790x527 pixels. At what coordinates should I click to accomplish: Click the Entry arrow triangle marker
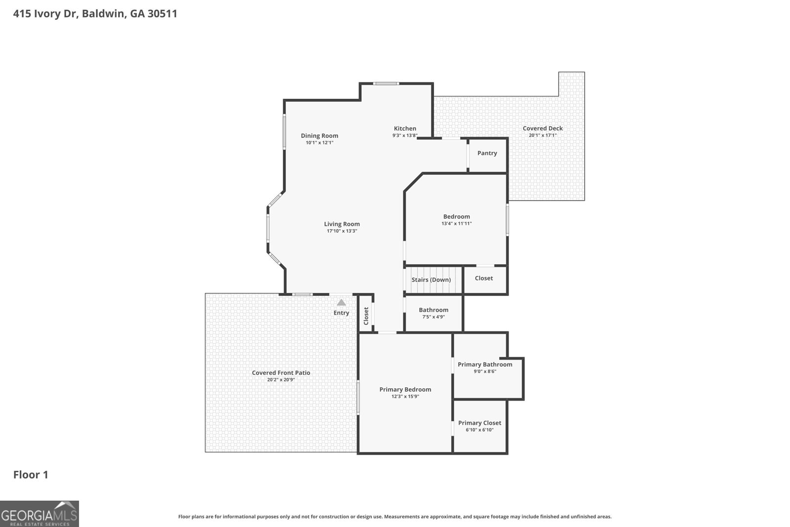pyautogui.click(x=341, y=302)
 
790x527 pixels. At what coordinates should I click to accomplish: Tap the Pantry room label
pyautogui.click(x=487, y=153)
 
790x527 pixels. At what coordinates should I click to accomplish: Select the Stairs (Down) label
pyautogui.click(x=431, y=280)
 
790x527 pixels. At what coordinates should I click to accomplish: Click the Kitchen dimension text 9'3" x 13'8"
pyautogui.click(x=405, y=135)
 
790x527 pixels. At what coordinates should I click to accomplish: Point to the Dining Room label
pyautogui.click(x=319, y=136)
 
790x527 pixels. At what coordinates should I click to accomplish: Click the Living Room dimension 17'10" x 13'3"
pyautogui.click(x=342, y=231)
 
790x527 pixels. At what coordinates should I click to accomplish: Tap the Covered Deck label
pyautogui.click(x=543, y=128)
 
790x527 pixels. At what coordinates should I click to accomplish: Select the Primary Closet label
pyautogui.click(x=479, y=423)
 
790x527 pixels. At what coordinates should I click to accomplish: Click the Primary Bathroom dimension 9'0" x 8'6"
pyautogui.click(x=485, y=371)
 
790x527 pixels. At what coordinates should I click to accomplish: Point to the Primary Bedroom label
pyautogui.click(x=405, y=389)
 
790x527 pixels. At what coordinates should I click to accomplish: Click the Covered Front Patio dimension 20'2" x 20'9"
pyautogui.click(x=281, y=380)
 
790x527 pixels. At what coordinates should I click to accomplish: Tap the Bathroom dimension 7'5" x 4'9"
pyautogui.click(x=434, y=317)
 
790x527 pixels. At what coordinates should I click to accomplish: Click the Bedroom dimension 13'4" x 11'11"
pyautogui.click(x=456, y=224)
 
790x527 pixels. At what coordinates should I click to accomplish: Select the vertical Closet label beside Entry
pyautogui.click(x=366, y=316)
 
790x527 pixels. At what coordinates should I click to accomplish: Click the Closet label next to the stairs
pyautogui.click(x=484, y=278)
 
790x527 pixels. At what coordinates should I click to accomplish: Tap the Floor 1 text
pyautogui.click(x=31, y=475)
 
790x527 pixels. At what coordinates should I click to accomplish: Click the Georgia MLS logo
pyautogui.click(x=39, y=514)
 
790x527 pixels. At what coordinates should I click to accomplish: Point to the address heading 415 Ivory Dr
pyautogui.click(x=95, y=13)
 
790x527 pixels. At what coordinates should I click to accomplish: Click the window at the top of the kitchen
pyautogui.click(x=386, y=83)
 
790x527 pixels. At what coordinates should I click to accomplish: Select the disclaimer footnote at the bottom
pyautogui.click(x=395, y=517)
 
